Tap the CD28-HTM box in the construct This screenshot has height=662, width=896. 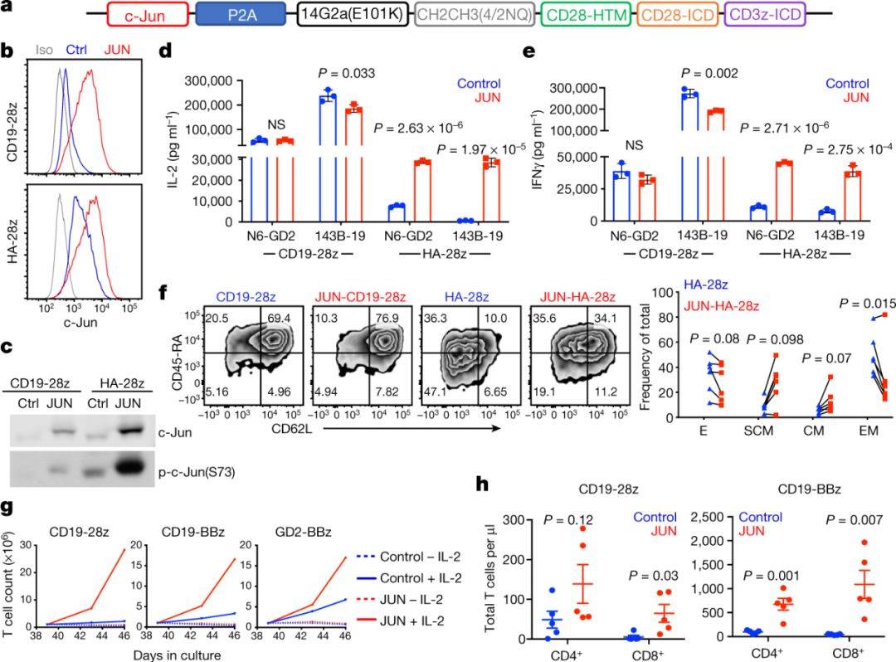586,15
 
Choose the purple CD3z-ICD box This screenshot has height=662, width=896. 764,15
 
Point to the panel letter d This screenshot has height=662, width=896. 165,51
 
